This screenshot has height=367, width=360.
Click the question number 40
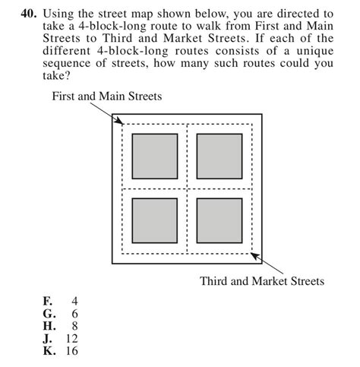click(31, 14)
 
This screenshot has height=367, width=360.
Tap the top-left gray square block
click(155, 156)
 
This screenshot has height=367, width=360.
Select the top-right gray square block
click(219, 156)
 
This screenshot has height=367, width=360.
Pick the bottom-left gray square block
click(155, 220)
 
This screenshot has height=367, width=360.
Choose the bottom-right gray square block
click(219, 220)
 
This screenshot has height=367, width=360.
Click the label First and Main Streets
click(106, 96)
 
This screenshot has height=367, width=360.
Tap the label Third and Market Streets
click(262, 281)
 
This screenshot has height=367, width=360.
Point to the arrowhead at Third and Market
click(254, 255)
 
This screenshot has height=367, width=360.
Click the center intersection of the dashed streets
click(187, 188)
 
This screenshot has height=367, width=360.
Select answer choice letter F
click(47, 301)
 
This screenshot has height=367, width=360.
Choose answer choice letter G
click(48, 313)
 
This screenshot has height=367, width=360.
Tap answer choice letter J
click(47, 338)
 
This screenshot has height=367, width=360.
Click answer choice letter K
click(48, 351)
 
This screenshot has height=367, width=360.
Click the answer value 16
click(71, 351)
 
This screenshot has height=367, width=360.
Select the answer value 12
click(71, 338)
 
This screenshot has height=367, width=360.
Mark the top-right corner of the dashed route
click(251, 124)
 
